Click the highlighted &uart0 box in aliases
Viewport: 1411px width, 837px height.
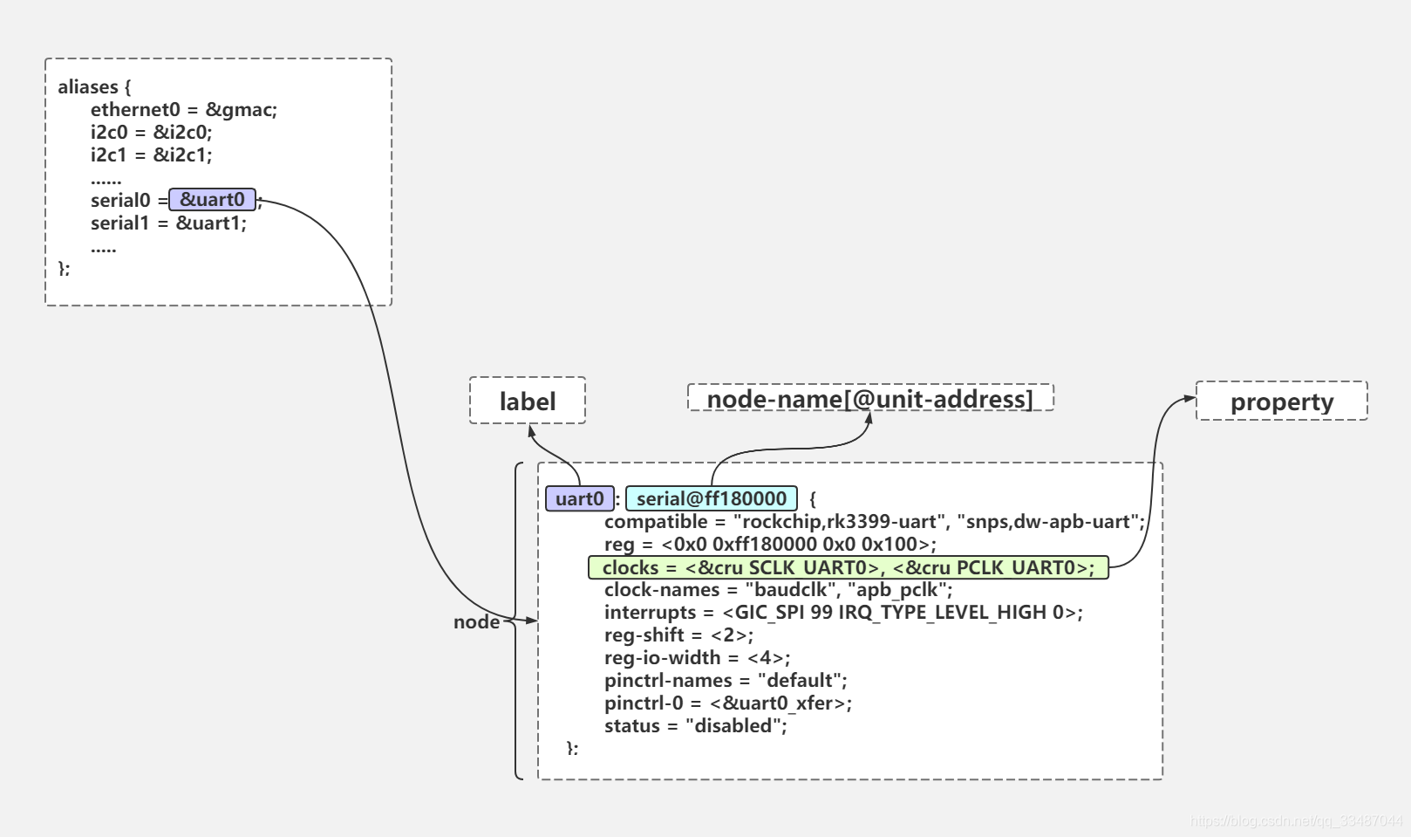[212, 200]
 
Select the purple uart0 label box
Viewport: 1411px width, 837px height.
[579, 498]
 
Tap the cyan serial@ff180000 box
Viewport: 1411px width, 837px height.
[711, 498]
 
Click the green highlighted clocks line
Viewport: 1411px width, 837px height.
[848, 567]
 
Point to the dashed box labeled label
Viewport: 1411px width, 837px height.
[527, 401]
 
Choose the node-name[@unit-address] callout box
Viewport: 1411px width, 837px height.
[869, 398]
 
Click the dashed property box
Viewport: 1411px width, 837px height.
[1281, 401]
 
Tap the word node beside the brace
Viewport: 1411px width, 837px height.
[476, 621]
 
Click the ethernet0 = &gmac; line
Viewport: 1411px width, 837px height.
[183, 109]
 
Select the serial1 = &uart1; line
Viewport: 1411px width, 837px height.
[168, 223]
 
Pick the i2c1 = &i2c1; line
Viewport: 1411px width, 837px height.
[151, 154]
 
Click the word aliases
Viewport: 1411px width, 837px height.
[87, 86]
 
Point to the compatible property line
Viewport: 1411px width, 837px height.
[874, 522]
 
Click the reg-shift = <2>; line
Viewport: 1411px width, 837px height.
[678, 635]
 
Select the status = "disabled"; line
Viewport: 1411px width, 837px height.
[695, 725]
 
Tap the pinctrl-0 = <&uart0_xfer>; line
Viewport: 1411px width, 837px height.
[727, 703]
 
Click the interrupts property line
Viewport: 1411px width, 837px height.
[842, 612]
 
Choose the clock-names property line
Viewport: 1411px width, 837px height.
[778, 589]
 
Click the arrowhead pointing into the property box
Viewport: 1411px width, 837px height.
[1189, 399]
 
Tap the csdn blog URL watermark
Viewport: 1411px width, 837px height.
[1296, 820]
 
